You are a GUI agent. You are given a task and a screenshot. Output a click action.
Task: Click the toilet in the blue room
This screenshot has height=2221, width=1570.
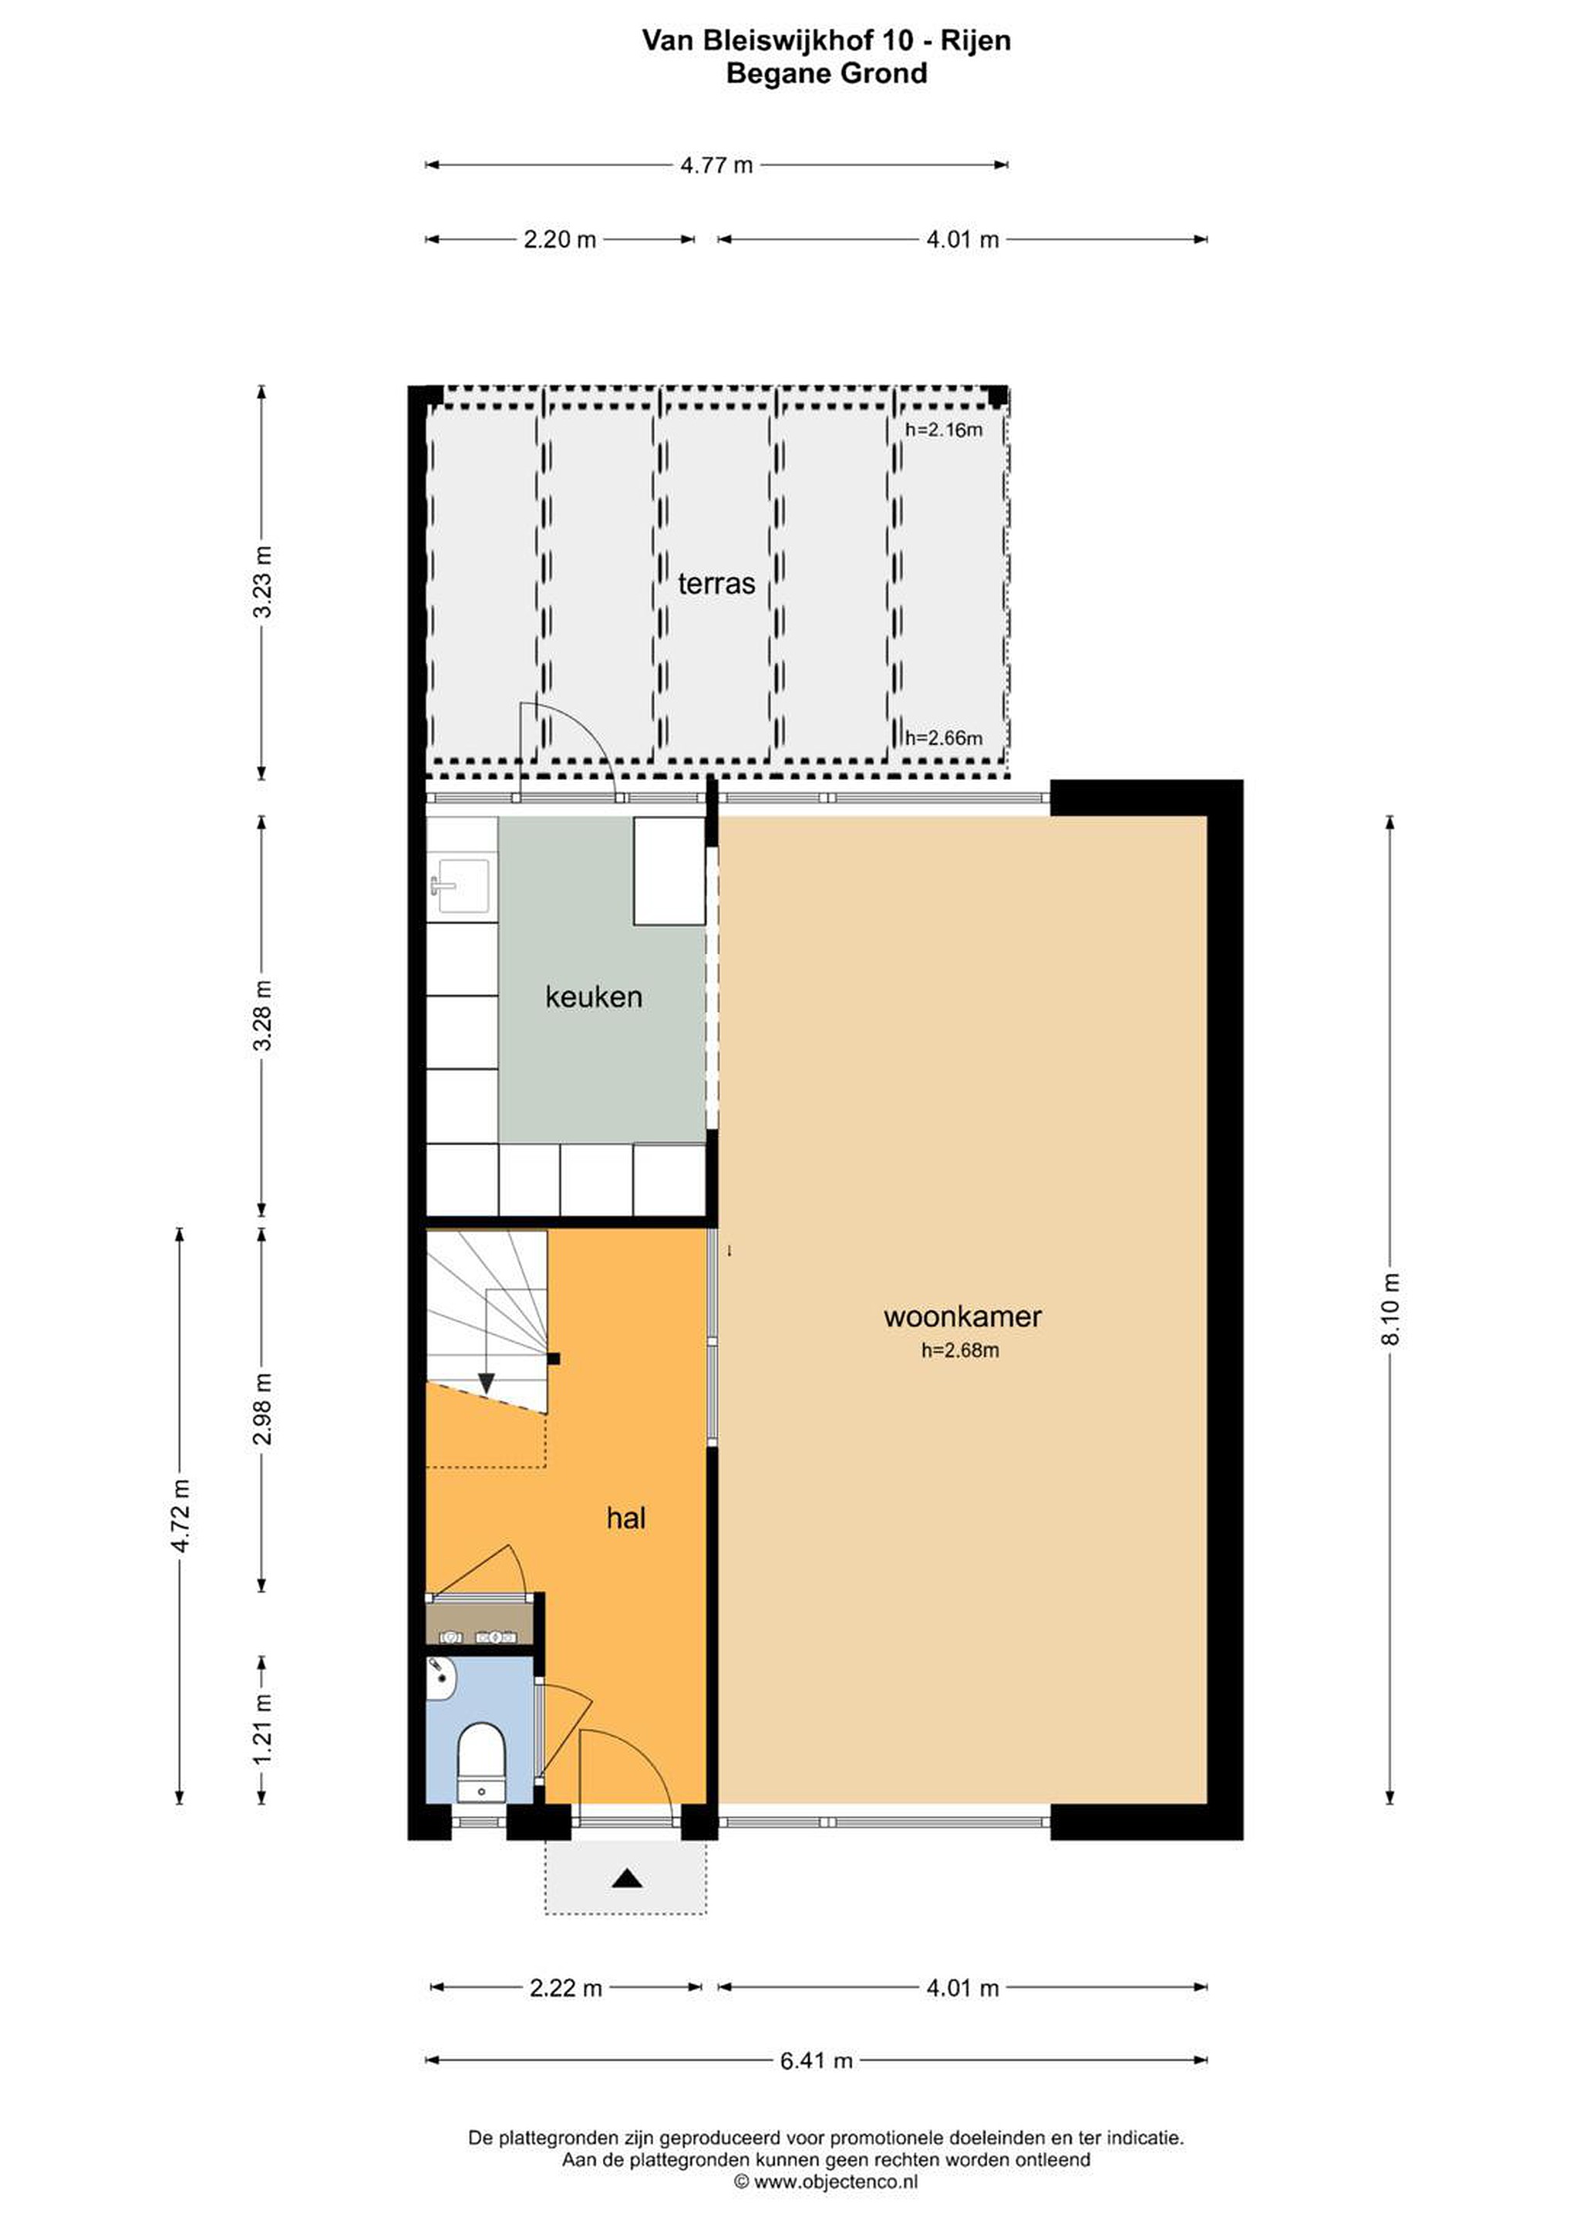pos(482,1762)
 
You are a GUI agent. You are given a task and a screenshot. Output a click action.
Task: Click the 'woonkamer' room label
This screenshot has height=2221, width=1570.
pos(962,1316)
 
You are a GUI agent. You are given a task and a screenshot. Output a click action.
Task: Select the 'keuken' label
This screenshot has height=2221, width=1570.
pos(593,996)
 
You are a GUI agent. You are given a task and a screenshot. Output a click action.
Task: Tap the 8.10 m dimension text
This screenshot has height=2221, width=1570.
pos(1390,1309)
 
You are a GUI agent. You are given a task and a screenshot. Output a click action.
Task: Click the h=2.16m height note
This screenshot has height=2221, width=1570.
pos(943,430)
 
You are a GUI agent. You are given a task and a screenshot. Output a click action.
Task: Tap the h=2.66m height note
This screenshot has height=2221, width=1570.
pos(943,738)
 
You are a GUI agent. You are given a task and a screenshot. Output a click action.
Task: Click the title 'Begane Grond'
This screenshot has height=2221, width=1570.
pos(826,73)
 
